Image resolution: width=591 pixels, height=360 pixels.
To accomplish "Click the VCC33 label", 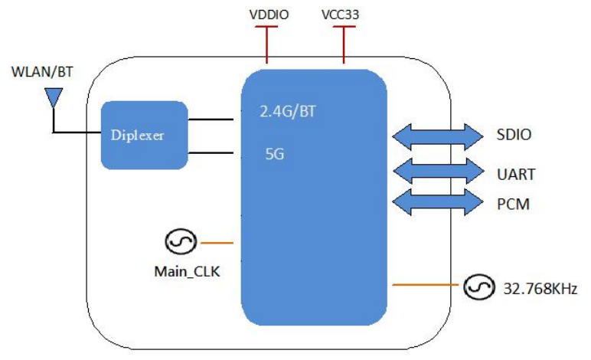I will (344, 15).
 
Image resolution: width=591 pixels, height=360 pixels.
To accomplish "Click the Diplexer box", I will (145, 135).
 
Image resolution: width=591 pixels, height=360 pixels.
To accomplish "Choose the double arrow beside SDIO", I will (433, 136).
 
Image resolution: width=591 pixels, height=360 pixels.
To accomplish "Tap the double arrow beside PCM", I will (433, 204).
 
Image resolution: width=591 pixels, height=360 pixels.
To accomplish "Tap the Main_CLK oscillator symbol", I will (180, 243).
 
